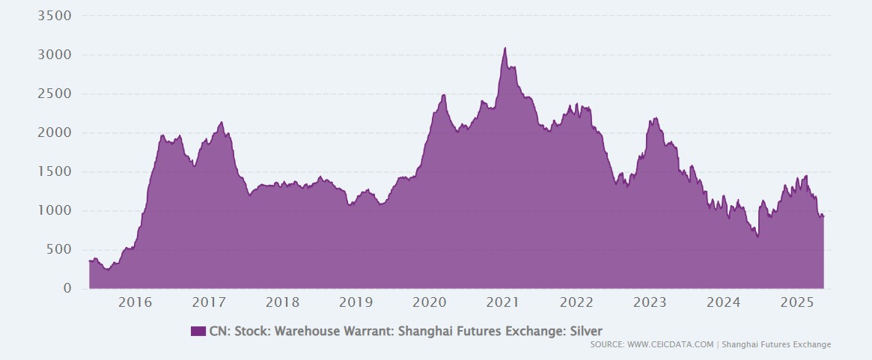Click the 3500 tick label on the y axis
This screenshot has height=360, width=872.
click(x=54, y=16)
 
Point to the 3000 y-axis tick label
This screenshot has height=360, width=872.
click(x=54, y=55)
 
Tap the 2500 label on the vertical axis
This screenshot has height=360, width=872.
click(x=54, y=94)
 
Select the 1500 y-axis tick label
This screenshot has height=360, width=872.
click(x=54, y=171)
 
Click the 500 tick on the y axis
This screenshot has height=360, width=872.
click(x=58, y=249)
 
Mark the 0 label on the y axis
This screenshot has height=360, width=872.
click(x=67, y=288)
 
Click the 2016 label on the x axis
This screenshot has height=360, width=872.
click(x=135, y=302)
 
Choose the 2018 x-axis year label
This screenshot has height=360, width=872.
click(x=282, y=302)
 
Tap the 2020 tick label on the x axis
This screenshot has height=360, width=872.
click(x=430, y=302)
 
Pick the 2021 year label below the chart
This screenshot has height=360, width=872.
click(x=503, y=302)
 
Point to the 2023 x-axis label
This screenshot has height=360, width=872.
click(x=650, y=302)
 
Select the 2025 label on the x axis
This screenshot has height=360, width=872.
click(x=797, y=302)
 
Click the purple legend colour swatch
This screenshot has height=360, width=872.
click(x=198, y=331)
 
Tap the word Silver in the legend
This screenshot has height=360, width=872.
click(x=585, y=331)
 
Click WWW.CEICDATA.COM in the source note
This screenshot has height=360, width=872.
click(x=670, y=345)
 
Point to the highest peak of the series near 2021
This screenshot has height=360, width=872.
click(x=505, y=48)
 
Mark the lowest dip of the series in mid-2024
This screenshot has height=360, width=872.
click(x=757, y=237)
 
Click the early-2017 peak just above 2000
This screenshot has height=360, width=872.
click(x=222, y=123)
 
